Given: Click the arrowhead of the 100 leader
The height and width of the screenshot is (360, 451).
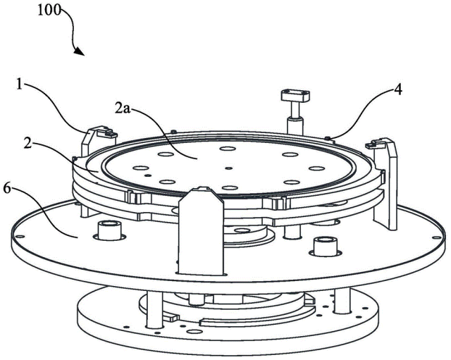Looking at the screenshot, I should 81,54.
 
